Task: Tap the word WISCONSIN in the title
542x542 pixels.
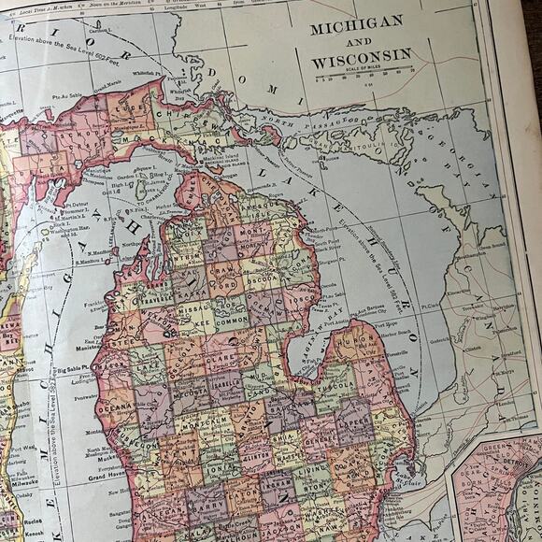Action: (362, 57)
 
